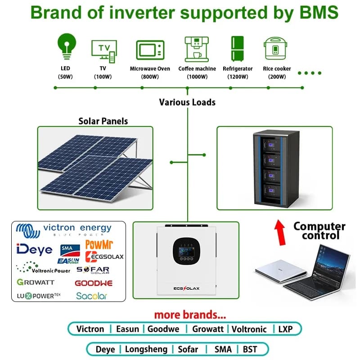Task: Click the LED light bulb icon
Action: click(67, 46)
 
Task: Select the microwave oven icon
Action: click(150, 50)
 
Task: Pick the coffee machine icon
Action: click(197, 49)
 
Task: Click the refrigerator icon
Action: click(237, 49)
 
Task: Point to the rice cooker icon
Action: click(275, 49)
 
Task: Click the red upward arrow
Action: click(280, 233)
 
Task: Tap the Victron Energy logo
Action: click(64, 230)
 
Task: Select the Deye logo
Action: click(35, 250)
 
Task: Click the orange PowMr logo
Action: click(99, 244)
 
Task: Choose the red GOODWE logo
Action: click(94, 283)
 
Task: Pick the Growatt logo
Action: click(36, 282)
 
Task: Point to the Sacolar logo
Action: click(92, 296)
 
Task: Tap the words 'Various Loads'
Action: click(187, 103)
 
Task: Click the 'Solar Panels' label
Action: click(103, 121)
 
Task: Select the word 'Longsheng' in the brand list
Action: click(146, 350)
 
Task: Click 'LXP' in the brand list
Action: click(285, 329)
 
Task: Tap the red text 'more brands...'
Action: click(190, 315)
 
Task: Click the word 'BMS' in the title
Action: click(319, 13)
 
